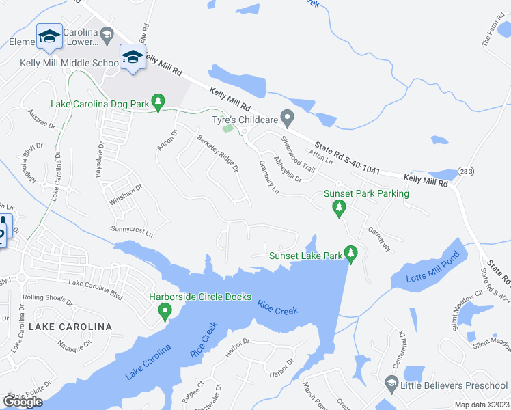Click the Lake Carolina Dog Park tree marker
click(x=158, y=102)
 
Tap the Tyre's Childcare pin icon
click(x=288, y=119)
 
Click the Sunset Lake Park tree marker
click(x=351, y=254)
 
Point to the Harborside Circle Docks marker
click(x=165, y=312)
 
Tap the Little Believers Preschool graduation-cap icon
click(x=391, y=384)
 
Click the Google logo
click(x=23, y=402)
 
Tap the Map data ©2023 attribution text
click(x=482, y=405)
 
